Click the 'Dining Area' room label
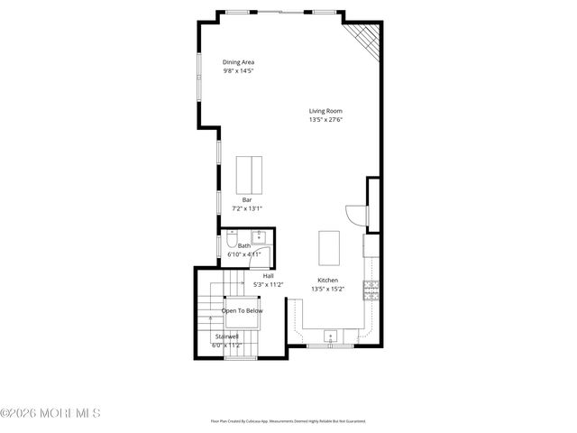click(239, 62)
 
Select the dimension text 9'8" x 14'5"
click(239, 70)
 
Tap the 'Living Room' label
click(325, 111)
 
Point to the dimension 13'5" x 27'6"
click(325, 119)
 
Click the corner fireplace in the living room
click(364, 39)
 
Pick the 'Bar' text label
click(246, 199)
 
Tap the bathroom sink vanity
click(259, 238)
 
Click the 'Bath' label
click(244, 245)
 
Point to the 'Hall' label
click(268, 276)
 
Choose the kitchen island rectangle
click(328, 246)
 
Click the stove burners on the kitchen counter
click(370, 290)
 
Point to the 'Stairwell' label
click(226, 336)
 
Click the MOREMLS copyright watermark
click(50, 413)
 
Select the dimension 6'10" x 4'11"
click(243, 254)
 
